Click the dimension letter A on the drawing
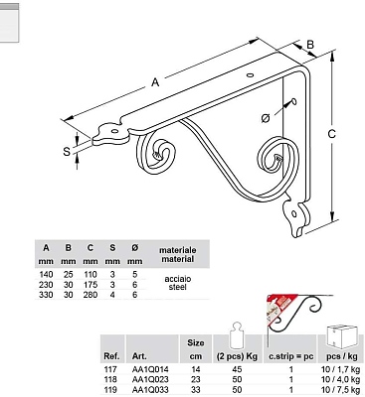coord(155,81)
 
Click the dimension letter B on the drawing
coord(310,44)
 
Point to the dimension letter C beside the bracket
coord(331,134)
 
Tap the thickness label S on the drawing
coord(67,152)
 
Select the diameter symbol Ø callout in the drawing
coord(266,118)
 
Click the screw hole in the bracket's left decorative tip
coord(114,131)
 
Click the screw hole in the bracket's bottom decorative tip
coord(294,214)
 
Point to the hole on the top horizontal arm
coord(251,75)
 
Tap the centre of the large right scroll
coord(277,160)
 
